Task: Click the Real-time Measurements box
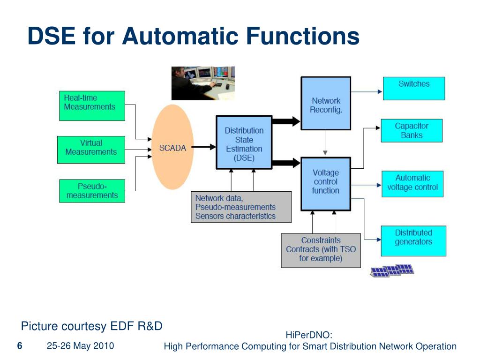click(92, 106)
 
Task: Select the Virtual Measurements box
click(91, 150)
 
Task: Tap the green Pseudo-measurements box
click(92, 191)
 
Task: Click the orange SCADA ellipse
click(172, 147)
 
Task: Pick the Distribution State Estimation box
click(244, 142)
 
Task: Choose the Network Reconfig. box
click(326, 104)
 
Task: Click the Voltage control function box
click(326, 184)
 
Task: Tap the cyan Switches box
click(414, 89)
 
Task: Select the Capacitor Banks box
click(412, 131)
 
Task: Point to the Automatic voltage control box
click(412, 184)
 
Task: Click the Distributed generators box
click(413, 241)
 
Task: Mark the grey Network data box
click(241, 207)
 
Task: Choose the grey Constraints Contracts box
click(321, 251)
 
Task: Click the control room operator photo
click(203, 83)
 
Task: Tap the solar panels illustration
click(392, 270)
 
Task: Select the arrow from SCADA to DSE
click(203, 147)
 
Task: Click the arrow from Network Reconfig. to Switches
click(367, 91)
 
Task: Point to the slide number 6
click(20, 346)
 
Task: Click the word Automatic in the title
click(180, 36)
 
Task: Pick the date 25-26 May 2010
click(81, 346)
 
